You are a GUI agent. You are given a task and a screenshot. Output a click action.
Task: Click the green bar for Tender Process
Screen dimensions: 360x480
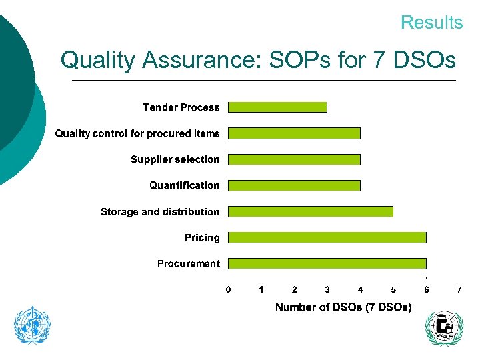click(277, 107)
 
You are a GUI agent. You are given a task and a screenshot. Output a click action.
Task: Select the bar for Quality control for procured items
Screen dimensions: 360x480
click(294, 133)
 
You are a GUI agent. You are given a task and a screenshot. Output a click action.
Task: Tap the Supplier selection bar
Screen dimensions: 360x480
click(294, 159)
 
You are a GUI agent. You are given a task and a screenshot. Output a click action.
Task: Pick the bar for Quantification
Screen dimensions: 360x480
click(294, 185)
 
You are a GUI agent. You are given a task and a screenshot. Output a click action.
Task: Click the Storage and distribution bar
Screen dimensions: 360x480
click(311, 211)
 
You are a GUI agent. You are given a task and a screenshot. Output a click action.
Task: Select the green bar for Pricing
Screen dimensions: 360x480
click(327, 237)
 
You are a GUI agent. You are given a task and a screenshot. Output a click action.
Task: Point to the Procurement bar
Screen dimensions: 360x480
click(327, 263)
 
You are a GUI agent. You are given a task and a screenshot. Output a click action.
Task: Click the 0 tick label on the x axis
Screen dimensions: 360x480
click(228, 290)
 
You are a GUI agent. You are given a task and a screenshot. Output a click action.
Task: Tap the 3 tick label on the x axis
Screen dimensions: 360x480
click(327, 290)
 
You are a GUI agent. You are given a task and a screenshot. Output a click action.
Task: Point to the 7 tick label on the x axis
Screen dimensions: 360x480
click(459, 290)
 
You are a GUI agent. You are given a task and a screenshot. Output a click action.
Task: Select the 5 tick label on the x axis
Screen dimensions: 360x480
click(393, 290)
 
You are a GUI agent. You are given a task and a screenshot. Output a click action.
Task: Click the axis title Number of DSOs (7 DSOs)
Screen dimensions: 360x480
click(343, 307)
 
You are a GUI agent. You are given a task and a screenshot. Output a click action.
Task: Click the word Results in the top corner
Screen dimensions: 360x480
click(431, 23)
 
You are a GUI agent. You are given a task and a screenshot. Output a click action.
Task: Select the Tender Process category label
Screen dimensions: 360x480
click(181, 107)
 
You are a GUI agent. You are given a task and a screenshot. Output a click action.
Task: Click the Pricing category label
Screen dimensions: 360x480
click(202, 238)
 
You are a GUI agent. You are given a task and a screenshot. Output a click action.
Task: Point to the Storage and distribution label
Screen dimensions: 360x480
click(160, 212)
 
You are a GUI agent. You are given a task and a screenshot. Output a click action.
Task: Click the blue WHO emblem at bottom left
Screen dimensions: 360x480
click(33, 325)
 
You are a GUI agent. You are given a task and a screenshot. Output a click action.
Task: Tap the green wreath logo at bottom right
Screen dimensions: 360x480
click(443, 328)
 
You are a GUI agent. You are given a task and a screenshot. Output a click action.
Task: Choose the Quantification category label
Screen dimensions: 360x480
click(184, 185)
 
